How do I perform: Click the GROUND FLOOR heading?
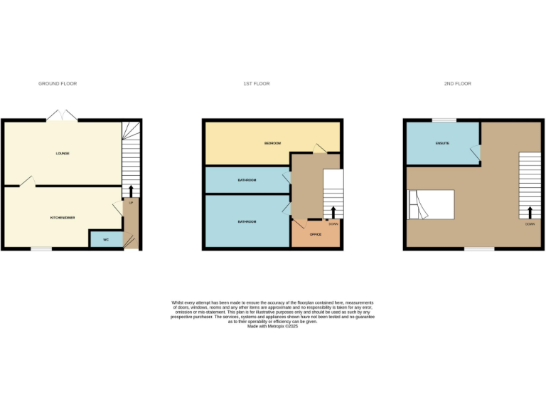tap(58, 84)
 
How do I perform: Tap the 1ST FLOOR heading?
tap(257, 84)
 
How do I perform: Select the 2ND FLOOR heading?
tap(458, 84)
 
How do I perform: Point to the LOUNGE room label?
tap(63, 153)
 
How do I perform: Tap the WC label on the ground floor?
tap(106, 240)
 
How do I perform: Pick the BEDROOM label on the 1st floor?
tap(272, 143)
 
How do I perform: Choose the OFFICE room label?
tap(316, 234)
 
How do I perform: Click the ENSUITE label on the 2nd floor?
tap(442, 144)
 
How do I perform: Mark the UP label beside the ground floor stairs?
tap(131, 203)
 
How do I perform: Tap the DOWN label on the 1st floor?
tap(333, 224)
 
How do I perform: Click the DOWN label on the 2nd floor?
tap(530, 224)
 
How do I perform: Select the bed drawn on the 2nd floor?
tap(431, 204)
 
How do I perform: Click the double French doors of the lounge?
tap(61, 117)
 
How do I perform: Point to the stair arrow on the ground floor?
tap(131, 191)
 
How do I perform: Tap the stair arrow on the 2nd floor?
tap(530, 212)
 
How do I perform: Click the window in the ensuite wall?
tap(444, 120)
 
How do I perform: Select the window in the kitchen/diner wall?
tap(41, 248)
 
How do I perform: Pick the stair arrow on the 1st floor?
tap(333, 212)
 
